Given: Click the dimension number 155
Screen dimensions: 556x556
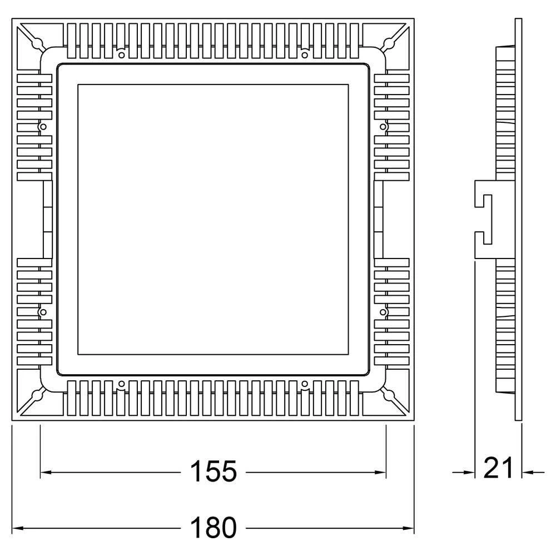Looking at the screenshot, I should point(214,472).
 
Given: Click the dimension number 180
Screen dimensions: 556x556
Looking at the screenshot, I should point(214,527).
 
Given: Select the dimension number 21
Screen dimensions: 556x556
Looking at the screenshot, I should point(499,468).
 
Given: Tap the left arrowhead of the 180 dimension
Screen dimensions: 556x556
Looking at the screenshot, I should point(17,527).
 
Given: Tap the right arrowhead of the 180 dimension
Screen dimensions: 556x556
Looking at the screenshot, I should point(410,527).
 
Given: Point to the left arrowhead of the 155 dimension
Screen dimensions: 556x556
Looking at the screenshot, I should point(45,473).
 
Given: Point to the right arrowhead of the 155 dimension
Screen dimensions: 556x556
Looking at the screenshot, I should point(381,473).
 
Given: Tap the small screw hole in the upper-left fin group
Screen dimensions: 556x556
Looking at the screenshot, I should point(43,127).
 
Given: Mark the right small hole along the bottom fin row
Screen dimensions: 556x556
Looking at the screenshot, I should point(305,384).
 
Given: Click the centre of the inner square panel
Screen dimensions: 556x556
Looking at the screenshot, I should point(213,220).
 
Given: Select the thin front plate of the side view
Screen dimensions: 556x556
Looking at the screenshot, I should point(518,220).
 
